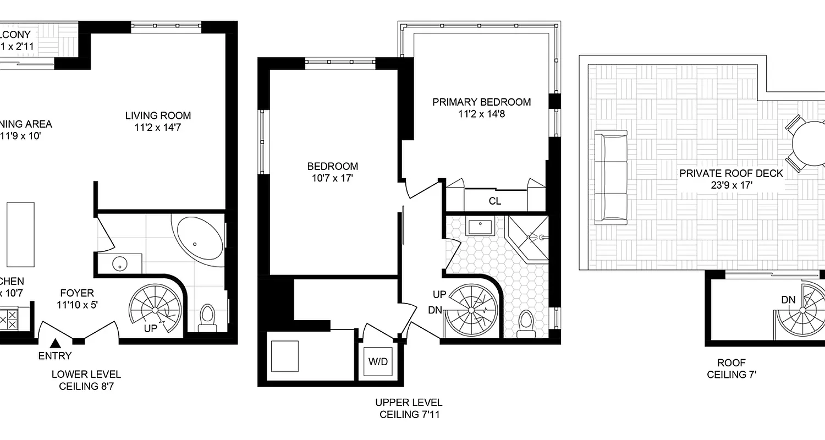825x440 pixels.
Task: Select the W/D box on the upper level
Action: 378,362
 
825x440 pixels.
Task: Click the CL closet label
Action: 494,201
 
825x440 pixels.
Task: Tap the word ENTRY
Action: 54,356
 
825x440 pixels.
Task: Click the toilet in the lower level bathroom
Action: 208,318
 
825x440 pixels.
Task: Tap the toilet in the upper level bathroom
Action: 526,322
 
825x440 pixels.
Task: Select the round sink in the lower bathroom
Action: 120,265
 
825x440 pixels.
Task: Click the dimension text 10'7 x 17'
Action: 332,178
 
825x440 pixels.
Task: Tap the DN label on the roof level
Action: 789,300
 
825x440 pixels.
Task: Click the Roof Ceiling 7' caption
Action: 731,369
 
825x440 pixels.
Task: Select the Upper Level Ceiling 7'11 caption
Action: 408,409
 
